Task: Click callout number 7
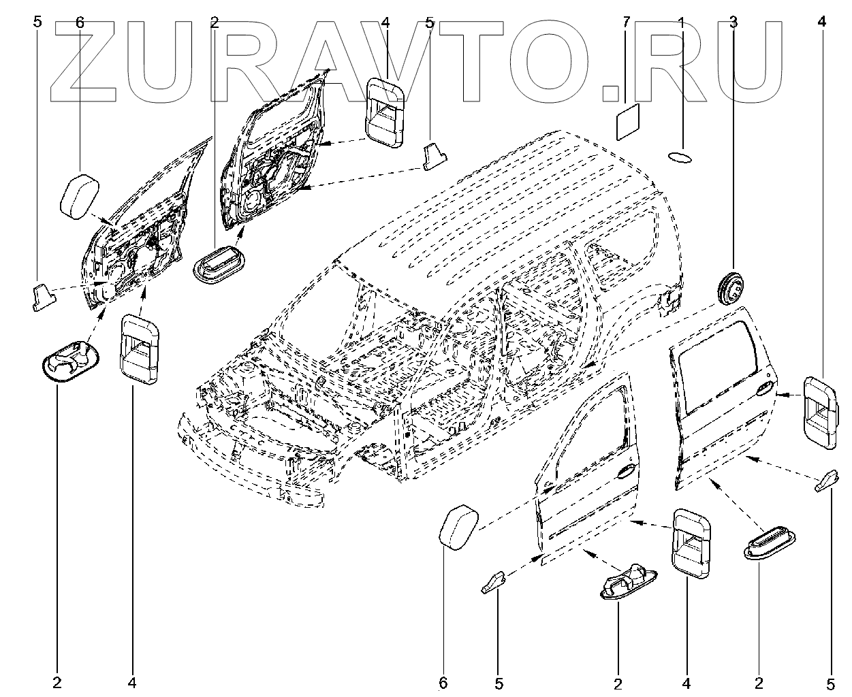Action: pyautogui.click(x=626, y=22)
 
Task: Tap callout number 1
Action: pyautogui.click(x=680, y=22)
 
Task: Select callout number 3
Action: pyautogui.click(x=733, y=22)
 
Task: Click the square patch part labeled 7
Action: pyautogui.click(x=628, y=120)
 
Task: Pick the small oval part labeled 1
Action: pyautogui.click(x=680, y=157)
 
